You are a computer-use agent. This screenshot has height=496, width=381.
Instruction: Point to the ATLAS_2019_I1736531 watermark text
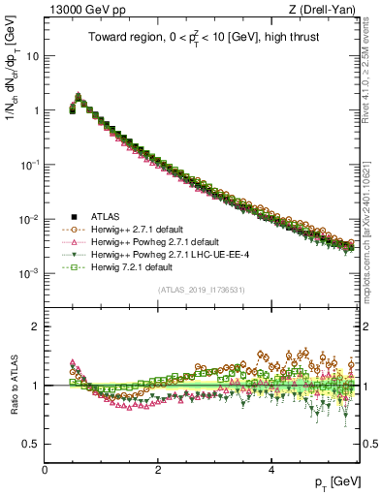(x=202, y=290)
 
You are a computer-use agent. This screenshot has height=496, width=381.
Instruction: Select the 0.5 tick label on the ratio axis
(x=31, y=444)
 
